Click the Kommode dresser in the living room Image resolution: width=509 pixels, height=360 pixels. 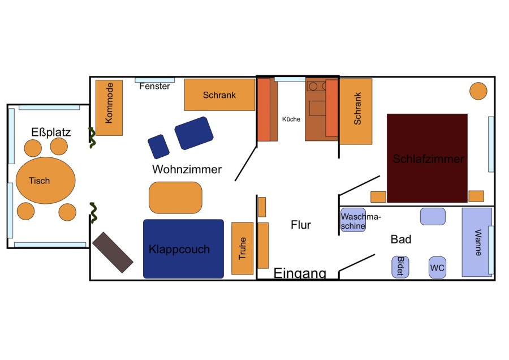click(x=109, y=108)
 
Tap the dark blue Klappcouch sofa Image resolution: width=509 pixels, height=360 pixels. click(x=183, y=249)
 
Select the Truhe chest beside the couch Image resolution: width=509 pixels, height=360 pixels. click(x=242, y=248)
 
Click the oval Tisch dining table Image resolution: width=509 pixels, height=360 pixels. click(x=45, y=181)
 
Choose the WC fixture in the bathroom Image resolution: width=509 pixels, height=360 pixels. click(x=437, y=267)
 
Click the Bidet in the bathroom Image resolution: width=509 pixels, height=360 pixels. click(x=400, y=267)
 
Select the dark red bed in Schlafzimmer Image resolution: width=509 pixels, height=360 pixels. click(x=427, y=158)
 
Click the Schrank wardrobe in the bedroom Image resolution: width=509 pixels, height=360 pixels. click(x=356, y=111)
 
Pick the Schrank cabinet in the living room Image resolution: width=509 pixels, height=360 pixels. click(x=219, y=95)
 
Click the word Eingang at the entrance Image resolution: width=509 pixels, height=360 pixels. click(x=300, y=274)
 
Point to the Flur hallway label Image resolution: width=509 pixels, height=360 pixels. click(x=301, y=225)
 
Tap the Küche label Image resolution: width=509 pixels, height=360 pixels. click(x=291, y=119)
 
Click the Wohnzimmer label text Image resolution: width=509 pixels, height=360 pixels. click(x=187, y=169)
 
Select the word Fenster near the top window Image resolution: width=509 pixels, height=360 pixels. click(x=154, y=86)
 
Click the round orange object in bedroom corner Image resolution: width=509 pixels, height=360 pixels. click(x=478, y=91)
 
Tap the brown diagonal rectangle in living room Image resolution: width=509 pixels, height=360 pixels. click(x=113, y=252)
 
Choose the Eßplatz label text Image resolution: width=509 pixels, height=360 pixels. click(x=51, y=132)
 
